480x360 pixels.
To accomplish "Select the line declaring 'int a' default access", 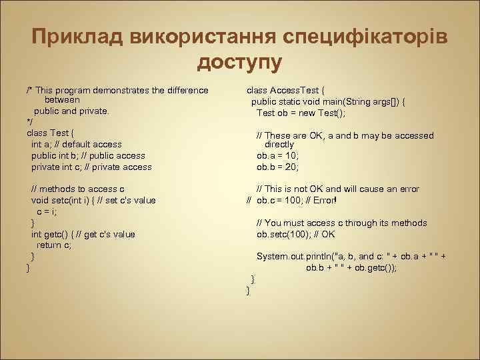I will tap(77, 144).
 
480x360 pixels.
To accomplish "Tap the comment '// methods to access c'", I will tap(78, 189).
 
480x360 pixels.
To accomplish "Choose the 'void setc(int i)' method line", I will tap(93, 200).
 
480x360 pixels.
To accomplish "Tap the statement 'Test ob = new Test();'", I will tap(301, 113).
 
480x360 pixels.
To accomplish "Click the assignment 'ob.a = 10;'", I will tap(278, 155).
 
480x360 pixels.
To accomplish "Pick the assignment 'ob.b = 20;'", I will tap(278, 167).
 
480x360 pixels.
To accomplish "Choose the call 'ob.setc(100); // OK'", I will tap(296, 234).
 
